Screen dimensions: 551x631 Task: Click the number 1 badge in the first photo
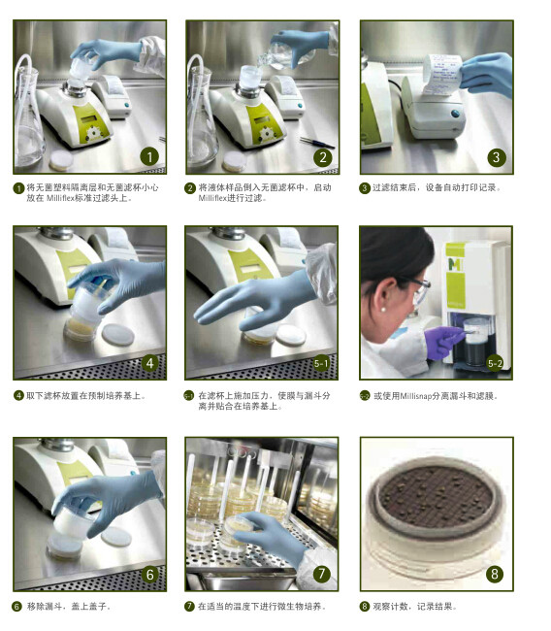[149, 157]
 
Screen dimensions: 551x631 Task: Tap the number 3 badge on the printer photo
[497, 157]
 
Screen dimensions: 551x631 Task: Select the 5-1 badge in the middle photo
[321, 364]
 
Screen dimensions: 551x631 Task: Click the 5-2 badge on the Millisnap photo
[495, 364]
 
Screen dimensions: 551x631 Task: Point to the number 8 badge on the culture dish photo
[495, 574]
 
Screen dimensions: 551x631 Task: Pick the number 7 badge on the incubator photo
[321, 574]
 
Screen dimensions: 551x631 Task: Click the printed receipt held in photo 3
[441, 76]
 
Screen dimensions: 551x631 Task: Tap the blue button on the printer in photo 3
[455, 114]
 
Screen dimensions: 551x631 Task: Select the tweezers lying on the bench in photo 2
[317, 142]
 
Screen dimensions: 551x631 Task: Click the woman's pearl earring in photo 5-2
[383, 310]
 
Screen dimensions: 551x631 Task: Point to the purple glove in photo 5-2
[443, 341]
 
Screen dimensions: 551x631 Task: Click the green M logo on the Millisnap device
[455, 264]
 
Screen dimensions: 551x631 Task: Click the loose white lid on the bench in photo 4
[117, 335]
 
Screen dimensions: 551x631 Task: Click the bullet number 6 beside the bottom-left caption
[16, 606]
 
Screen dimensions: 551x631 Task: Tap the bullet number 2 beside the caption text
[190, 188]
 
